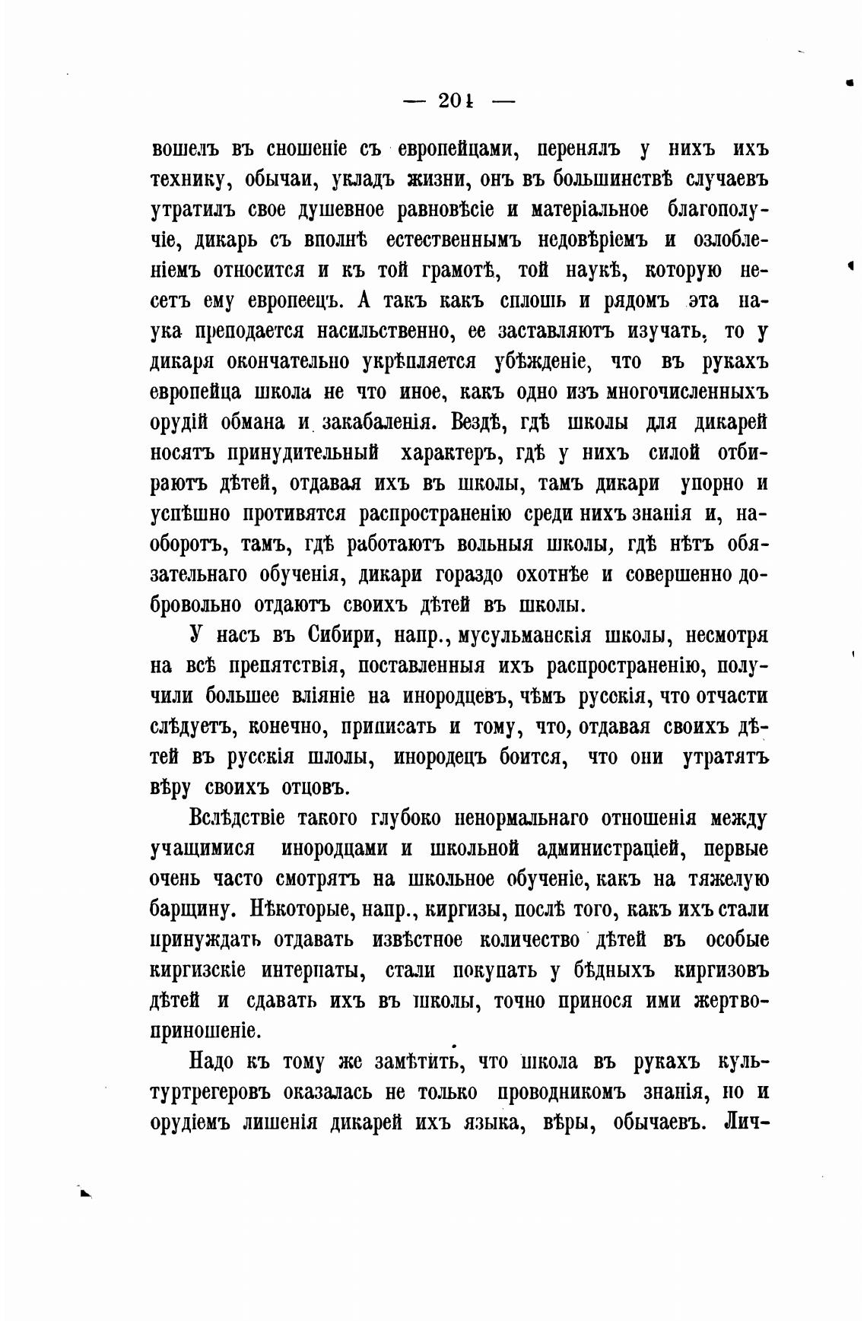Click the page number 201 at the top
pos(456,100)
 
